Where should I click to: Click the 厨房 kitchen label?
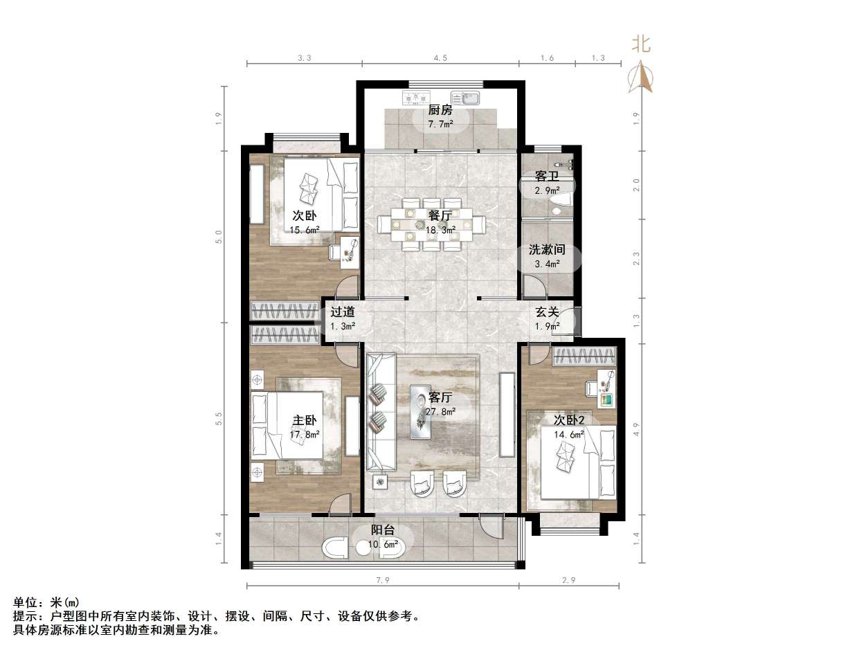pos(440,109)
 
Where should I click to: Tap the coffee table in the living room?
pos(420,412)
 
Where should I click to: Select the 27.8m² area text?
pos(441,412)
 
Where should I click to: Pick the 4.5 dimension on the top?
pos(440,59)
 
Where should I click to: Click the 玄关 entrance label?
pos(547,312)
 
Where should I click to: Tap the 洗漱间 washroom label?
pos(547,249)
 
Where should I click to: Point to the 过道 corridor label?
pos(343,312)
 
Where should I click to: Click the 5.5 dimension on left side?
pos(219,419)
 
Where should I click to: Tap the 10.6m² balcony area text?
pos(384,544)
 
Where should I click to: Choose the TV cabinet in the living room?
pos(507,415)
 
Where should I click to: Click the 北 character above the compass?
pos(641,44)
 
